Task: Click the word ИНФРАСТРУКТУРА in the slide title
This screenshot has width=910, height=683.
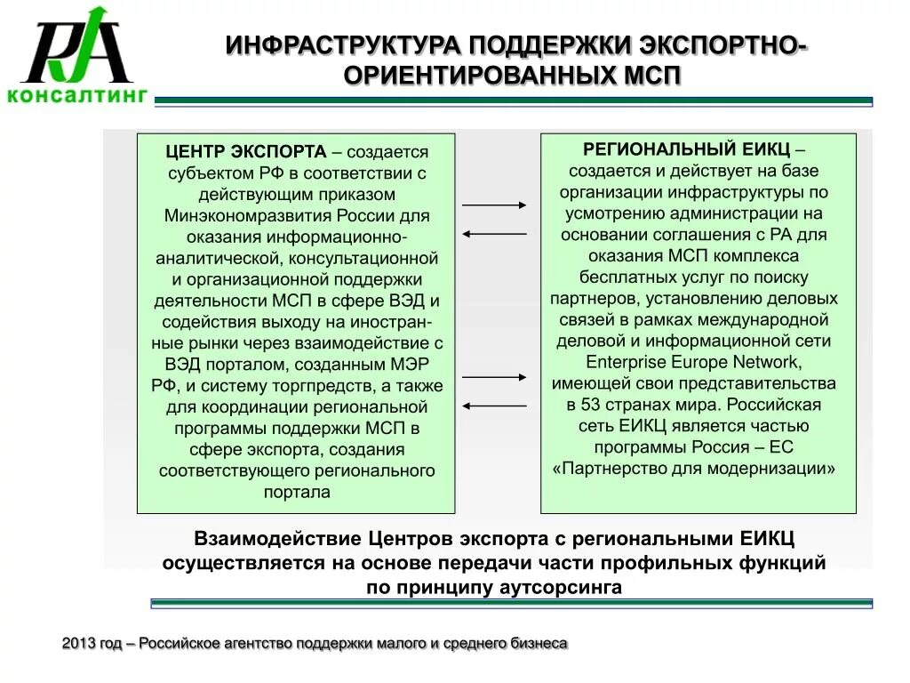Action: coord(343,44)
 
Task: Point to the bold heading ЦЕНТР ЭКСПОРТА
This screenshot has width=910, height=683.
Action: coord(246,151)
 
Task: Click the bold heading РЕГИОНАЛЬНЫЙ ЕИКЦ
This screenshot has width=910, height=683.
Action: coord(683,149)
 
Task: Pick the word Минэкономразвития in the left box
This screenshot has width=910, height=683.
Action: coord(237,216)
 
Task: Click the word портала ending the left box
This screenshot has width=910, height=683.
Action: coord(297,492)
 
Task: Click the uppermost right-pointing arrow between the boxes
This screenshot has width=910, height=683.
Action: coord(495,205)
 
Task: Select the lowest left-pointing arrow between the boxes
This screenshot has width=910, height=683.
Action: coord(495,406)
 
